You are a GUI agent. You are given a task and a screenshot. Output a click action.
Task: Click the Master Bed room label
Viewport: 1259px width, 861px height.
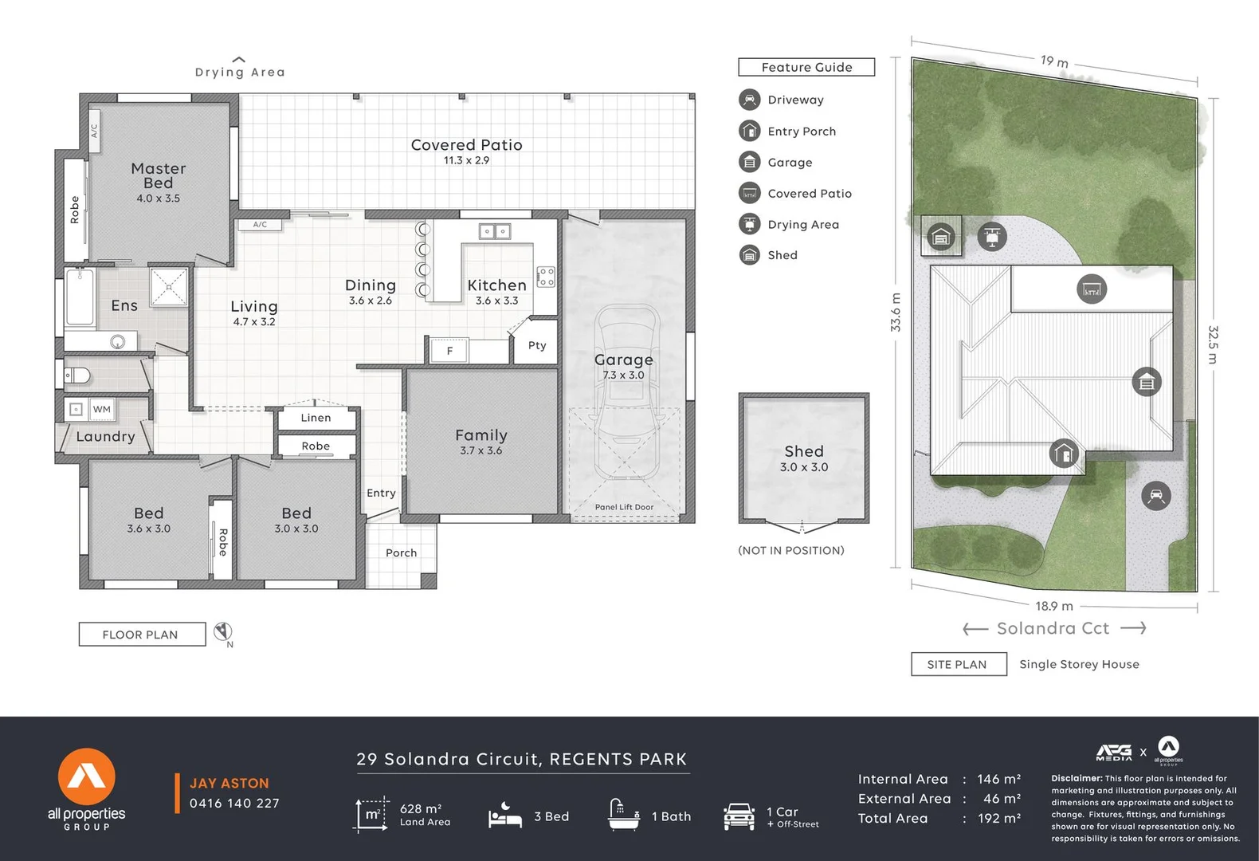[158, 175]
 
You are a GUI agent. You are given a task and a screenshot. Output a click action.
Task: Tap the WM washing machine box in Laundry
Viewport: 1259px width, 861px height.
[102, 409]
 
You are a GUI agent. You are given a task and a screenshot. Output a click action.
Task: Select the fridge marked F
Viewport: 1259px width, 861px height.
[449, 351]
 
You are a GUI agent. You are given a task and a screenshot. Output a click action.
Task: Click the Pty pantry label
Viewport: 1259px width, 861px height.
[537, 345]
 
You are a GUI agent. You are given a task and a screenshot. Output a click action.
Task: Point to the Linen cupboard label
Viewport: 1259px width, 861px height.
[316, 418]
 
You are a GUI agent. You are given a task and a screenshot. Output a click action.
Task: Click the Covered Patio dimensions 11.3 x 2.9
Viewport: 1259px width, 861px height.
[466, 160]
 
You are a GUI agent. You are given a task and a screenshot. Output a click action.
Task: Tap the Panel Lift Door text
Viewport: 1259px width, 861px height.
[624, 507]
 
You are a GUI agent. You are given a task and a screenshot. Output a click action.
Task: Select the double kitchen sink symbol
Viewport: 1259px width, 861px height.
[494, 232]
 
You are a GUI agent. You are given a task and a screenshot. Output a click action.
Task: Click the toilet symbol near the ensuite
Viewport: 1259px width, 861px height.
[77, 375]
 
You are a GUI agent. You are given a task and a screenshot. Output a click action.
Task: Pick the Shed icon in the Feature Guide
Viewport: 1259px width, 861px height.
[749, 255]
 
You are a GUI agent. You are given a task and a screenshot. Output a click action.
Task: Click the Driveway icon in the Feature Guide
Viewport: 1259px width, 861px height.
[749, 100]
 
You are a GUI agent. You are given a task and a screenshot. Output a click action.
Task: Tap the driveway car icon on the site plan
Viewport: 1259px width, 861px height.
[1155, 496]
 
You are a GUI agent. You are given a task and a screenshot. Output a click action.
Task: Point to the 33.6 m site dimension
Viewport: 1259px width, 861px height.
[896, 313]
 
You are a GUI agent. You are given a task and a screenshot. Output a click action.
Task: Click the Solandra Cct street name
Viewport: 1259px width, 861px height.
[1053, 628]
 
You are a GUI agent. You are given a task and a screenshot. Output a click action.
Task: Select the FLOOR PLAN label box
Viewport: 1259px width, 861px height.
[141, 635]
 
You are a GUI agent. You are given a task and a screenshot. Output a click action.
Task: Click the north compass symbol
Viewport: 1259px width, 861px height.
[224, 632]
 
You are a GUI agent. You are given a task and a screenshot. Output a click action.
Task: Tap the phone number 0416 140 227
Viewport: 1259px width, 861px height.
[234, 804]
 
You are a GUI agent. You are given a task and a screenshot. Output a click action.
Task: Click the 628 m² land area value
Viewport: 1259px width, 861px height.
[421, 808]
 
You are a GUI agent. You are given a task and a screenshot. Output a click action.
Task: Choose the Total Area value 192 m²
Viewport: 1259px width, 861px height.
[999, 818]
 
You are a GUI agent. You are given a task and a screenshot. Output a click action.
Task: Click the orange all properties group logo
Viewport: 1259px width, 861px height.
[86, 776]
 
